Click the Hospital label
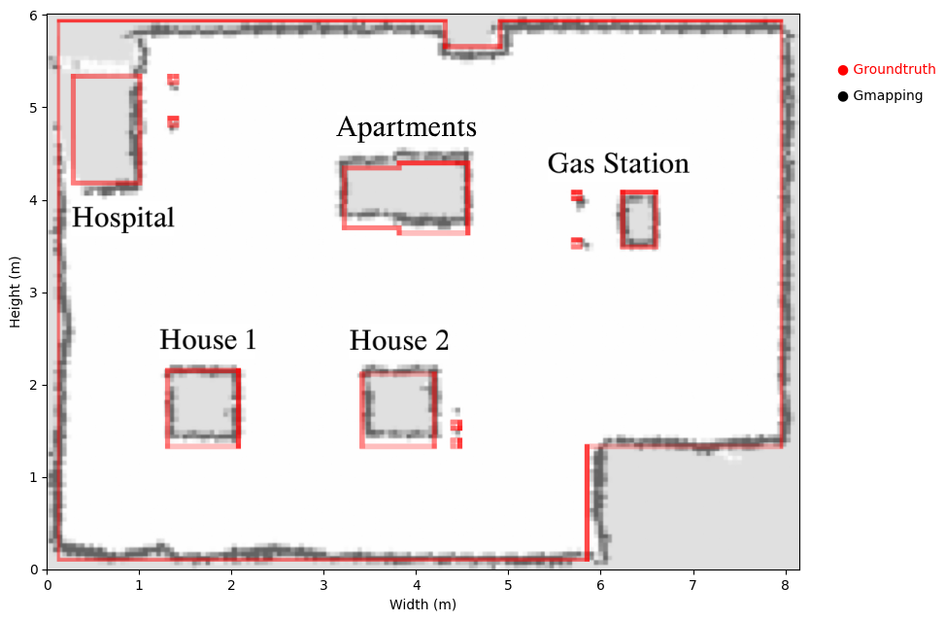click(x=123, y=218)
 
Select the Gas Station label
click(x=619, y=163)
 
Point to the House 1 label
click(x=208, y=339)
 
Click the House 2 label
click(x=399, y=341)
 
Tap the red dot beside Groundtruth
click(x=843, y=70)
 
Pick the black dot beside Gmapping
click(x=843, y=96)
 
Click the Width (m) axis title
click(x=422, y=604)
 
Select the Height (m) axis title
click(x=16, y=293)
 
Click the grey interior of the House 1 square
click(x=202, y=403)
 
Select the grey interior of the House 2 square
click(x=399, y=402)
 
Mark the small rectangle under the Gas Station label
click(x=639, y=220)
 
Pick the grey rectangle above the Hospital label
click(x=105, y=129)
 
